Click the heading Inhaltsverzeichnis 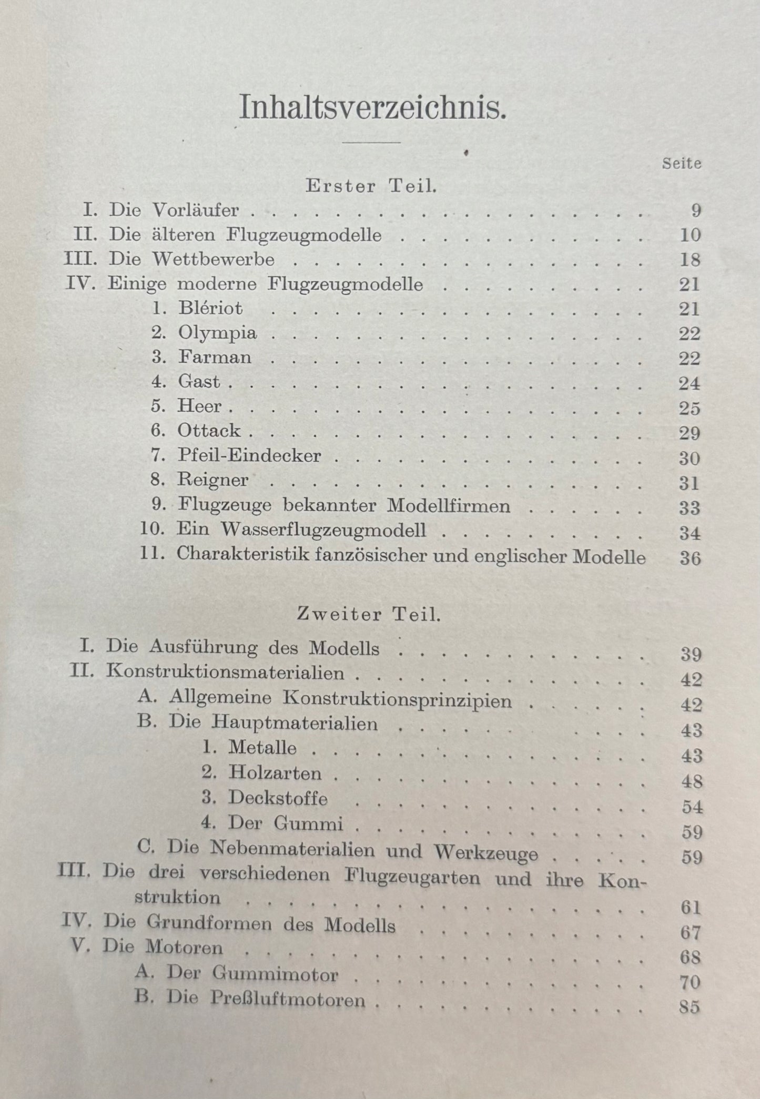(x=373, y=107)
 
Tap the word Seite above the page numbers (x=682, y=164)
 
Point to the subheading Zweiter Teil (x=368, y=615)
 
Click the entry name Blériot (x=210, y=308)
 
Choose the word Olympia (x=217, y=333)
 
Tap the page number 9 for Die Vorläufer (x=695, y=211)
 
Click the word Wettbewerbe (x=213, y=259)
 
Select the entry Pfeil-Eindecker (x=249, y=455)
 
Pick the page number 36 (x=690, y=558)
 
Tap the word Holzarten (x=275, y=774)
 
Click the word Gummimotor (x=275, y=974)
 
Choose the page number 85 (x=690, y=1008)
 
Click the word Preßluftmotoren (x=287, y=1000)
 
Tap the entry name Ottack (x=209, y=431)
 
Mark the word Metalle (x=262, y=748)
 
